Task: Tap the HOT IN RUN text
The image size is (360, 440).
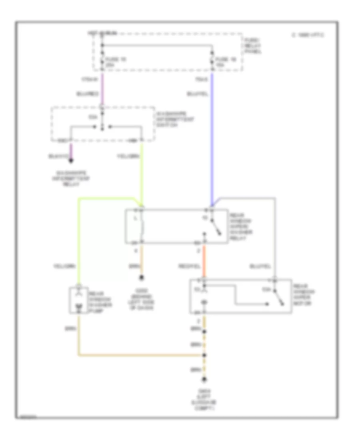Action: [102, 34]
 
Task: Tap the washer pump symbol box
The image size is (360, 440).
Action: [78, 300]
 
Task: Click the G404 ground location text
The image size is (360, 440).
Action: [204, 398]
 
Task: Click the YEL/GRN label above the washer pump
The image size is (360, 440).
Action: [65, 265]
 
